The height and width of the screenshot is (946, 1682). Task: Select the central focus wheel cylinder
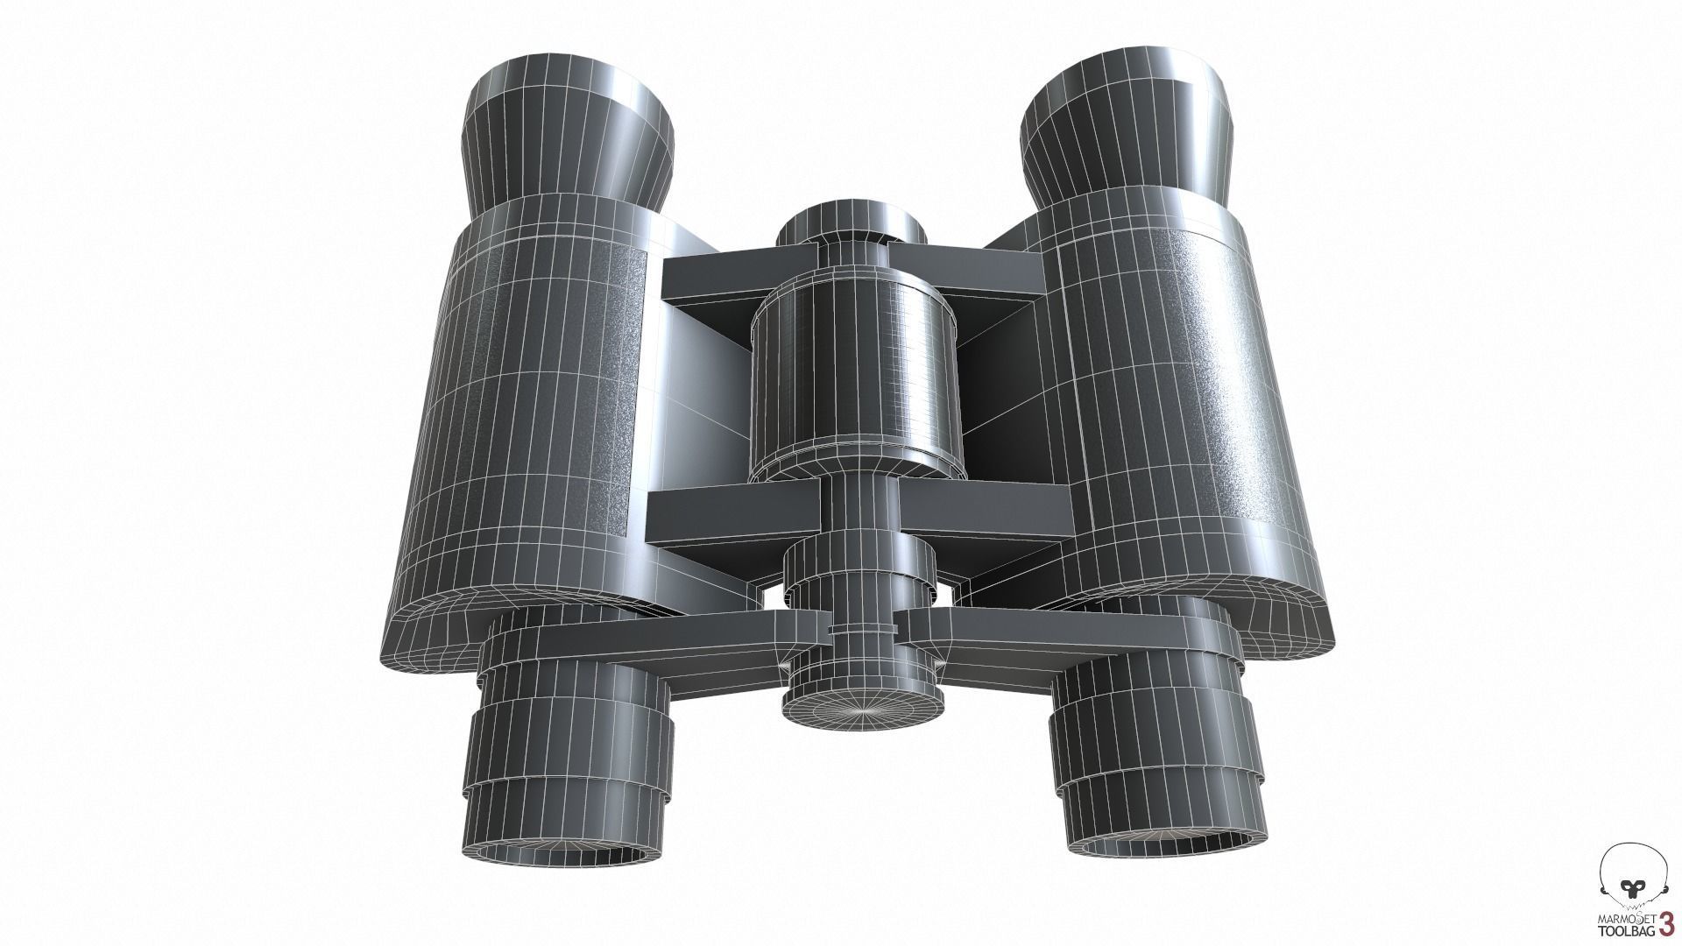click(x=852, y=377)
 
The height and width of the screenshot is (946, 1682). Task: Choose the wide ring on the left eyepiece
click(x=569, y=736)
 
